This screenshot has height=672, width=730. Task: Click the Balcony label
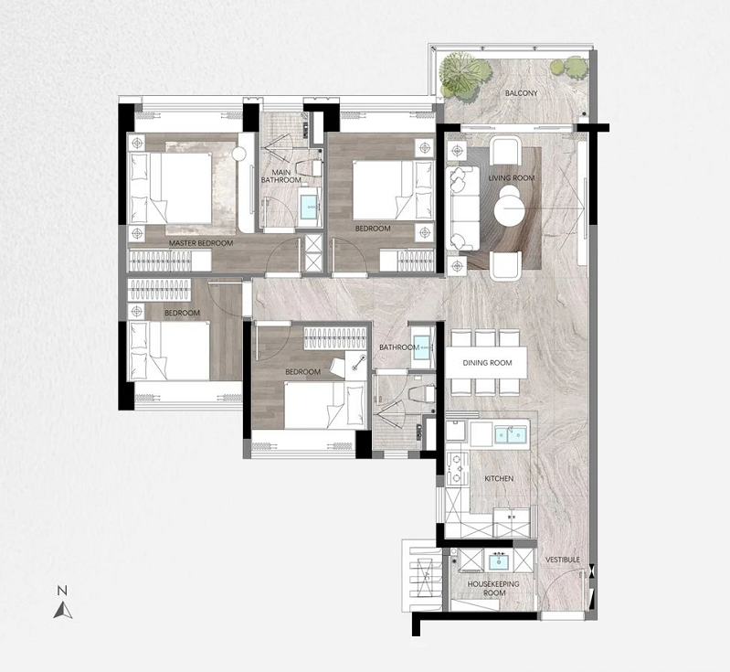point(521,93)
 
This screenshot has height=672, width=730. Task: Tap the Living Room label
point(512,178)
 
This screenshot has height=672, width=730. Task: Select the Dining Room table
point(486,362)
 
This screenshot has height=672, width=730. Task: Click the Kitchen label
point(499,478)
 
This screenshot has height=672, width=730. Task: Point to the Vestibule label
point(563,560)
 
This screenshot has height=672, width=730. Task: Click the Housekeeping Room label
point(493,588)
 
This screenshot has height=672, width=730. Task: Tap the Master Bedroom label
point(201,243)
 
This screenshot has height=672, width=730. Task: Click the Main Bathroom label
point(280,176)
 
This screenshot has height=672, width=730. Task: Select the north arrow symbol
point(63,610)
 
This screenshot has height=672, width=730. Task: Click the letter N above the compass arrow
point(62,591)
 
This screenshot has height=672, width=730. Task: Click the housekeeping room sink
point(499,561)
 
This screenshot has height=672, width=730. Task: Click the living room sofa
point(462,208)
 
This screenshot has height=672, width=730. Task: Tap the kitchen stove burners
point(457,470)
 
